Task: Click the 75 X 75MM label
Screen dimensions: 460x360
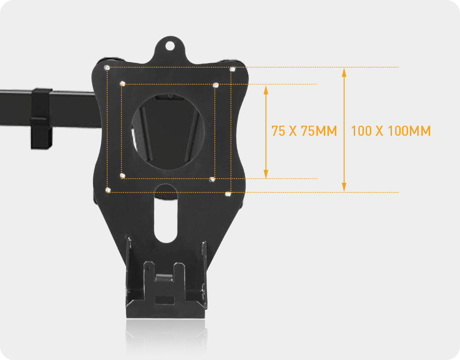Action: [304, 131]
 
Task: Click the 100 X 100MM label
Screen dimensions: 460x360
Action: [391, 131]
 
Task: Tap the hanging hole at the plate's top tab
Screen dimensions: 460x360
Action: [170, 46]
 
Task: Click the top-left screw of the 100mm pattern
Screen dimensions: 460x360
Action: [107, 68]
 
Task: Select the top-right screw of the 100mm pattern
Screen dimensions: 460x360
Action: [233, 70]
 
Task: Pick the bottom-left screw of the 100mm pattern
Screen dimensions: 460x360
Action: [108, 189]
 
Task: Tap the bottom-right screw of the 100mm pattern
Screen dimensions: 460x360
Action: [228, 194]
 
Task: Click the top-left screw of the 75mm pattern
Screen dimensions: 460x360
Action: [122, 84]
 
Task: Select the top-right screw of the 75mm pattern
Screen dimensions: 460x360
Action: [216, 85]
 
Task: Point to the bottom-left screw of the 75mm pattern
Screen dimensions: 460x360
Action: [122, 175]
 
